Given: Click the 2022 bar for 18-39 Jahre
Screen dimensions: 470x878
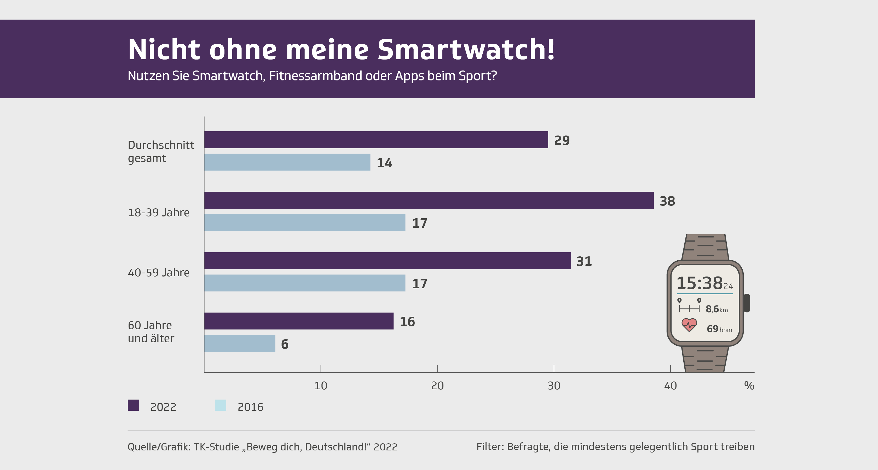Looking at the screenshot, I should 429,200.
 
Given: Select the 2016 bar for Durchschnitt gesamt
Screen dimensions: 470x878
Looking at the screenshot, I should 287,162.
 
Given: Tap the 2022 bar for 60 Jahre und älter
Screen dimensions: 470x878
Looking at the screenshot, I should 299,321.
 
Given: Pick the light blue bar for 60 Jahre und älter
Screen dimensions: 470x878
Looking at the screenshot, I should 240,343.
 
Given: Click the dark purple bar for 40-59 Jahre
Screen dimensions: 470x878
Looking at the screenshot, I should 387,261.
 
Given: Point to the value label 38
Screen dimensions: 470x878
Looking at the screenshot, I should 667,201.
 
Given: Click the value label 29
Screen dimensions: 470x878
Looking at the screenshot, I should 562,140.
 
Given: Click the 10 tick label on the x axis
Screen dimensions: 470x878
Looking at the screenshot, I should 321,386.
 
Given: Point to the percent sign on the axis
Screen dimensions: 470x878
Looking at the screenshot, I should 749,386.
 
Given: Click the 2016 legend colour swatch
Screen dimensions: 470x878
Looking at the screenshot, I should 221,405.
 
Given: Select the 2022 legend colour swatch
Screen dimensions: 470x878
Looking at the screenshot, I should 133,405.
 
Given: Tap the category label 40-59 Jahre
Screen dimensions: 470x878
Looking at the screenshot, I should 159,272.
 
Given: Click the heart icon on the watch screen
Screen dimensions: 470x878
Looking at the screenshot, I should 689,325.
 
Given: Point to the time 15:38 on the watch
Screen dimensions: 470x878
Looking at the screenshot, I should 700,283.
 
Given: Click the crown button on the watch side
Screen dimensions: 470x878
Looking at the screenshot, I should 747,303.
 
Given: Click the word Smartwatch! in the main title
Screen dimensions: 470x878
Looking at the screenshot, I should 466,50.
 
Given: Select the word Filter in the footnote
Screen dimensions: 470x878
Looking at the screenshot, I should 489,446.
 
